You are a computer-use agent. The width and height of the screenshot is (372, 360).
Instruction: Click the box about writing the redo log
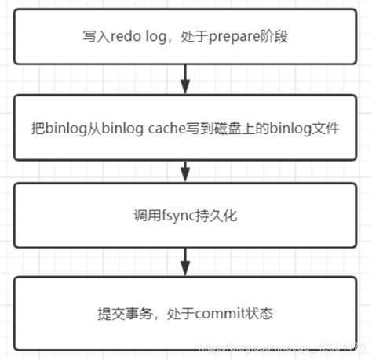point(185,37)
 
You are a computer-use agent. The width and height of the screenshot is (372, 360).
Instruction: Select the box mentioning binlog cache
point(185,128)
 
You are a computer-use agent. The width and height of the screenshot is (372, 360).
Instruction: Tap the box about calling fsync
point(185,213)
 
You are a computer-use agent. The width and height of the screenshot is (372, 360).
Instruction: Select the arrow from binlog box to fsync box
point(185,169)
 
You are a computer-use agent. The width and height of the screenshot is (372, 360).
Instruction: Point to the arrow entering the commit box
point(185,259)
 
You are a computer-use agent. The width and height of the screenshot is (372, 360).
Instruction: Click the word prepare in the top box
point(234,37)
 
